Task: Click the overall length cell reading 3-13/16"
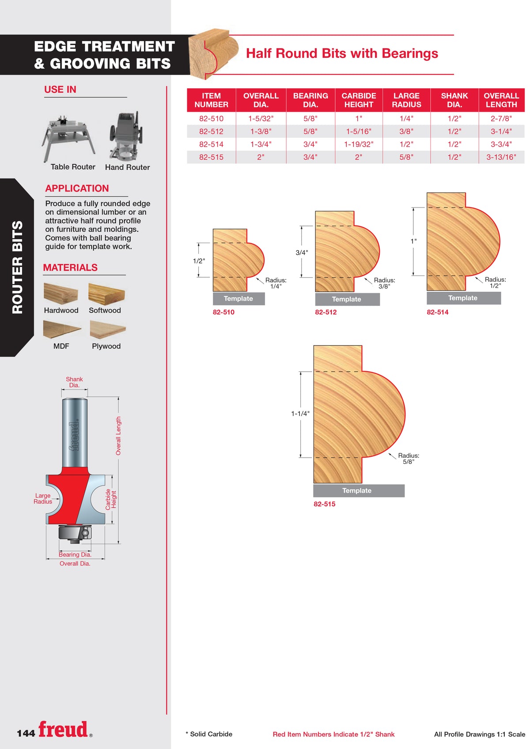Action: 501,157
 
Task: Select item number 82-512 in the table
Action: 211,132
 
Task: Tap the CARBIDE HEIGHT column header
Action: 359,100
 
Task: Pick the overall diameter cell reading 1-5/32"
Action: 261,118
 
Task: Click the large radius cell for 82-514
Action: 406,144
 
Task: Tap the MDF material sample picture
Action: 62,329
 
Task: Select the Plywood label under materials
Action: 106,346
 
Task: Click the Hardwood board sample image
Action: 61,293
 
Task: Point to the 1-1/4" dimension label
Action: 300,414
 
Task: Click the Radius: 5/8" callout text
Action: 409,459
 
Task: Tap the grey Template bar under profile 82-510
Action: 238,299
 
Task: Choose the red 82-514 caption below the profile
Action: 437,312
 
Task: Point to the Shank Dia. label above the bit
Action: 74,382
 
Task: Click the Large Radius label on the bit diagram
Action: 43,498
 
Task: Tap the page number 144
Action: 26,733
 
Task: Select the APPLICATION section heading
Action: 77,188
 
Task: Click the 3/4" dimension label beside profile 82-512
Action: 302,252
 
